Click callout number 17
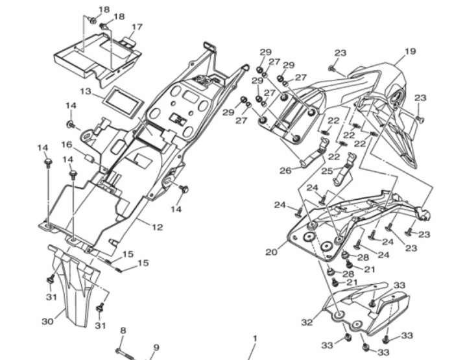coord(136,27)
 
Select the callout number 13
coord(86,91)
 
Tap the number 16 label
coord(67,145)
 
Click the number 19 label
coord(409,51)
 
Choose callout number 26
coord(285,171)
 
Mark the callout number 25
coord(327,171)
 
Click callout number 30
coord(47,320)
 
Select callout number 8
coord(123,331)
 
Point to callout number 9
coord(156,348)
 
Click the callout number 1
coord(255,339)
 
